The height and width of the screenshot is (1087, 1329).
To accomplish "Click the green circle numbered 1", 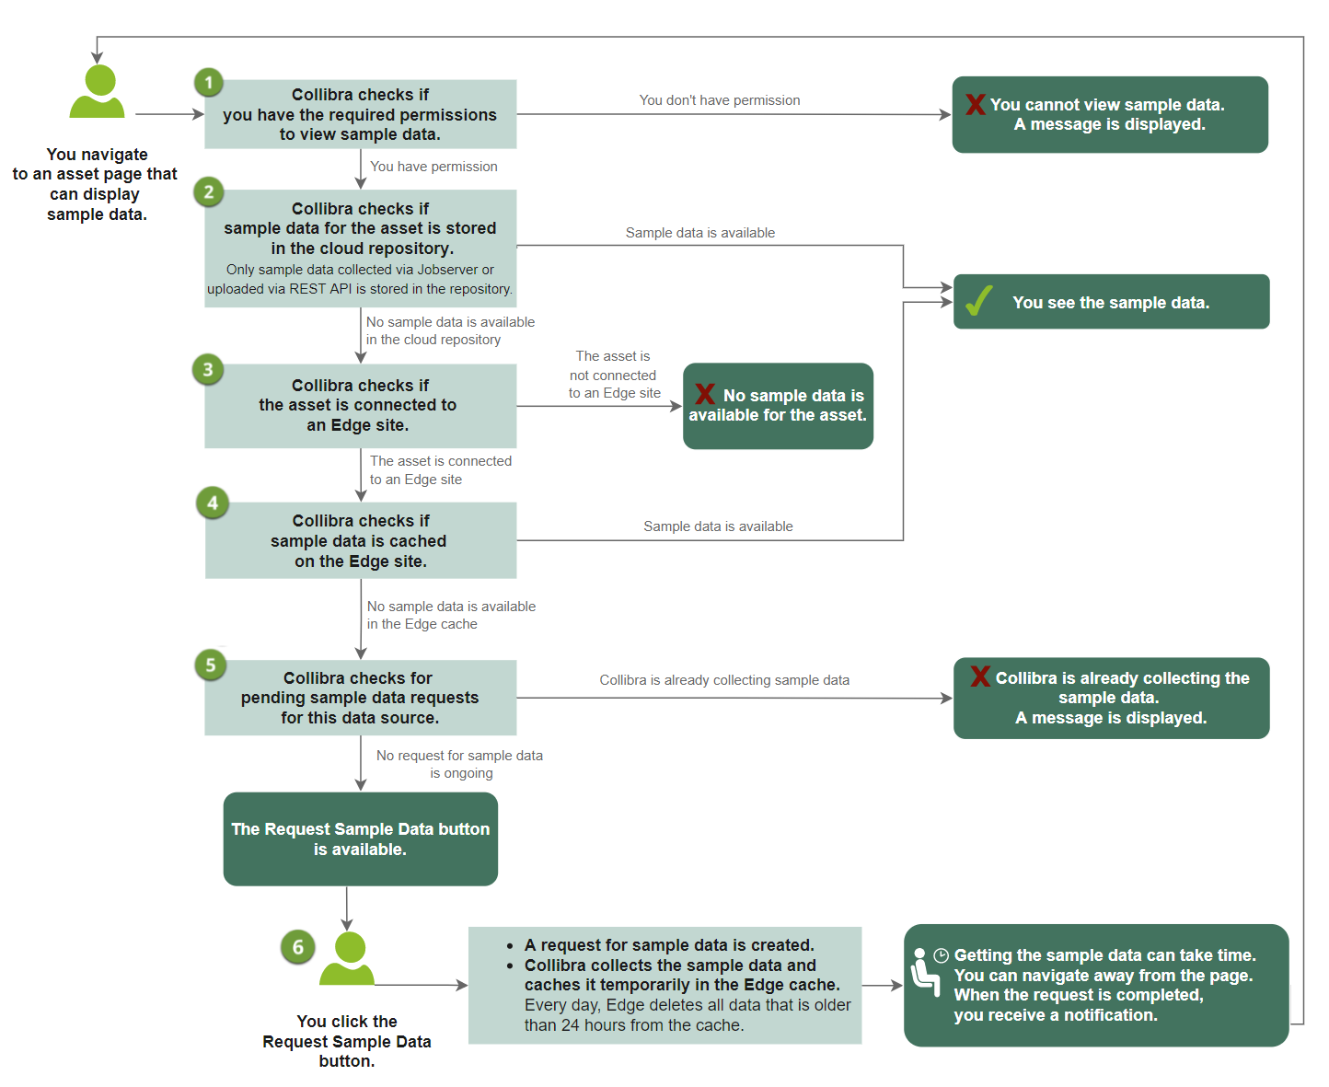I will pos(209,83).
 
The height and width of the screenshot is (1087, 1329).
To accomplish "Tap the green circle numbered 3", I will pos(208,370).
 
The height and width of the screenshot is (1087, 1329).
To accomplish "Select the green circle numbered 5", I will pos(211,665).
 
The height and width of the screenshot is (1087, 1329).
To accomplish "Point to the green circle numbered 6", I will pos(297,947).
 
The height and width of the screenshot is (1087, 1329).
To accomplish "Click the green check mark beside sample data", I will pos(978,301).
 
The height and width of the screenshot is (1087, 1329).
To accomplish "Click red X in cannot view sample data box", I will pos(976,104).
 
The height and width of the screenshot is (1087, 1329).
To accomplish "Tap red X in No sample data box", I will pos(705,394).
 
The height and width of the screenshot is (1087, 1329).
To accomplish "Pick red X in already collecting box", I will pos(980,676).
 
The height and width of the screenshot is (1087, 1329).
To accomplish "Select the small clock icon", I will pos(941,955).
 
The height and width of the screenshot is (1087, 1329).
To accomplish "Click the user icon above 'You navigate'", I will pos(98,92).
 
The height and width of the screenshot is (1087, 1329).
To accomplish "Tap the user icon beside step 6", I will pos(348,959).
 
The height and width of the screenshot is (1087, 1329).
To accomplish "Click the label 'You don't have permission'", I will pos(720,100).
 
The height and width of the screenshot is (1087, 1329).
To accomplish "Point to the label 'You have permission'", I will pos(433,167).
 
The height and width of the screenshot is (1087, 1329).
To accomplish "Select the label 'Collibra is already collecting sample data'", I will pos(724,680).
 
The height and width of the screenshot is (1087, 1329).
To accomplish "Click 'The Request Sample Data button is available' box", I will pos(361,838).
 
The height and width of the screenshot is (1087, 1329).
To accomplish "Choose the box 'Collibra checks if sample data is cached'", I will pos(361,540).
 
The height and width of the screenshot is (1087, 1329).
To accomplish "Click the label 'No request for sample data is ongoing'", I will pos(459,764).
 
